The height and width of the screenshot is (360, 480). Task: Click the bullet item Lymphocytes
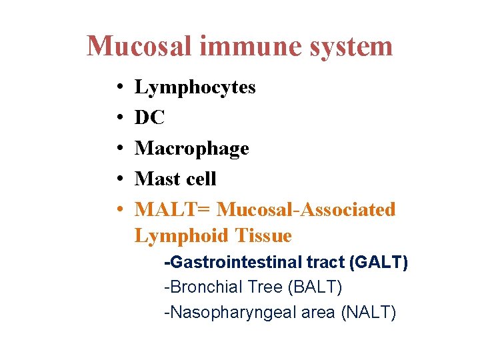pos(195,88)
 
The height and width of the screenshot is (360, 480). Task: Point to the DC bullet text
pos(149,117)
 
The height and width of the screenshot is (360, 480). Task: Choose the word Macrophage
pos(191,149)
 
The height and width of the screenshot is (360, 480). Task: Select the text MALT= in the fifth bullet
pos(173,209)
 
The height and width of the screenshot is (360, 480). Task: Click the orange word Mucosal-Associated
pos(307,209)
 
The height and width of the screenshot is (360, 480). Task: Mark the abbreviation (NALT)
pos(368,312)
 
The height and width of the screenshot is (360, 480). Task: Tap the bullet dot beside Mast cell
pos(117,179)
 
